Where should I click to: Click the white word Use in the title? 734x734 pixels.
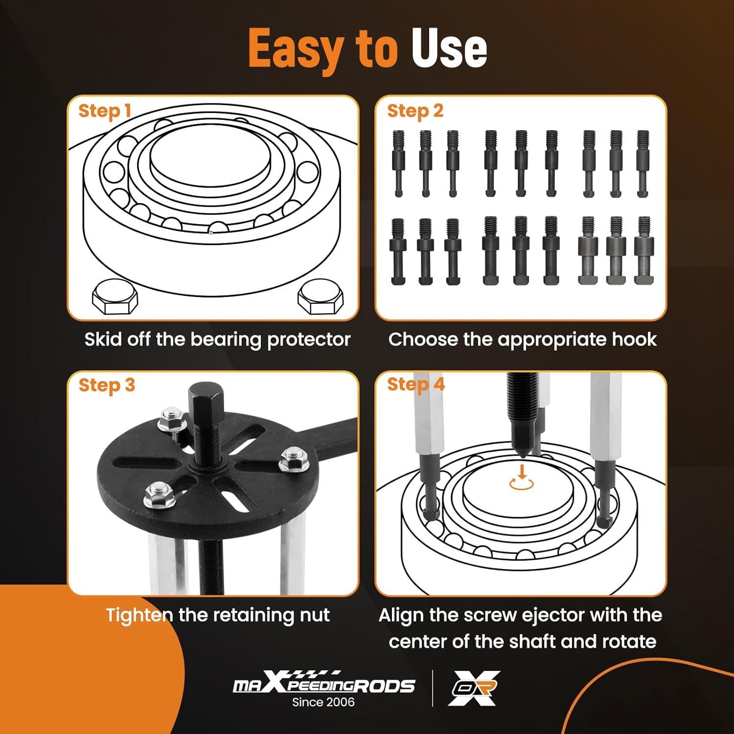tap(449, 48)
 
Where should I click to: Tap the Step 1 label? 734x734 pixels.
tap(105, 111)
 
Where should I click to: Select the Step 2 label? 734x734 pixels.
tap(415, 111)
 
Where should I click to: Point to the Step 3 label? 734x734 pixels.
tap(107, 385)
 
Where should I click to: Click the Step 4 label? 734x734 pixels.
tap(416, 384)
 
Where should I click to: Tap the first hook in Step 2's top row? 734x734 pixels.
tap(398, 163)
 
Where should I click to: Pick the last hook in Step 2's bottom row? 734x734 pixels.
tap(644, 251)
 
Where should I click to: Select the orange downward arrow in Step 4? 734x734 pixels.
tap(522, 471)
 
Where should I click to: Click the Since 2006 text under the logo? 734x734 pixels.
tap(323, 702)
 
